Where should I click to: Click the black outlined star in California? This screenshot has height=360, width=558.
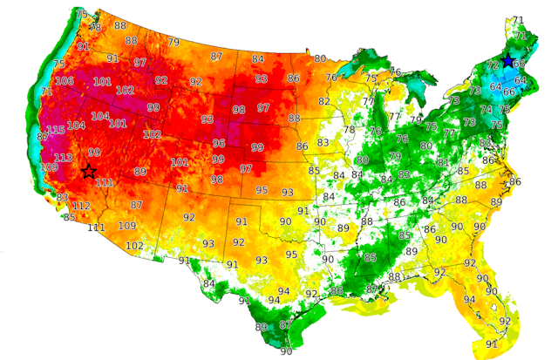coord(88,172)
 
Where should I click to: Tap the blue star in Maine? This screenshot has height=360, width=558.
coord(508,60)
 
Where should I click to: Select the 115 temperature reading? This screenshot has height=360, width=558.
coord(56,130)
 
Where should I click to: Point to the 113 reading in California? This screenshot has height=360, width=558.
coord(64,158)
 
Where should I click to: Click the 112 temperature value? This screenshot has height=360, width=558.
coord(81,206)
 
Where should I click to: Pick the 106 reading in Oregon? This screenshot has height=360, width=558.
coord(65,81)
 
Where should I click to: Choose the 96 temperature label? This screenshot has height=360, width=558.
coord(219,143)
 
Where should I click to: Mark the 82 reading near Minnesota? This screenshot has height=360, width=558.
coord(324,101)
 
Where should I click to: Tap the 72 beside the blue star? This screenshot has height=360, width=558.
coord(492,65)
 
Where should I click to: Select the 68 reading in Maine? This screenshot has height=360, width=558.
coord(519,64)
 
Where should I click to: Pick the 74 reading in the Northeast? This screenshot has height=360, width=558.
coord(487,110)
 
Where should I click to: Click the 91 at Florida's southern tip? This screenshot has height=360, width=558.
coord(492,343)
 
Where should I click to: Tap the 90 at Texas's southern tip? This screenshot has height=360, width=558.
coord(286,351)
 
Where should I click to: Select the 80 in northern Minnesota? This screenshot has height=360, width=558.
coord(320,58)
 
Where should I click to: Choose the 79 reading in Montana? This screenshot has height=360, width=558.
coord(174,42)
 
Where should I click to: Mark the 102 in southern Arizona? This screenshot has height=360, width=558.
coord(134,246)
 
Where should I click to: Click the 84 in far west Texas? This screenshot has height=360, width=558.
coord(208,284)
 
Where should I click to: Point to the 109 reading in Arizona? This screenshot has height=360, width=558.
coord(127,226)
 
